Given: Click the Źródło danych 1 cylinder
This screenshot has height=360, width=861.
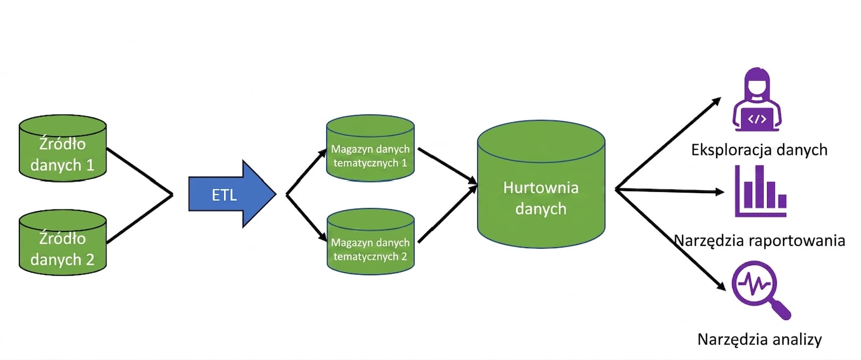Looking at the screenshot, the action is click(x=62, y=148).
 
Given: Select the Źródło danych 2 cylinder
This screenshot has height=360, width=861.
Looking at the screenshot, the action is click(x=62, y=243).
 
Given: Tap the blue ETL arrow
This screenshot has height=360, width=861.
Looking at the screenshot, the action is click(x=232, y=194).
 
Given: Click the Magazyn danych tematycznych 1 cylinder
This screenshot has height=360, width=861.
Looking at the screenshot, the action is click(x=370, y=148).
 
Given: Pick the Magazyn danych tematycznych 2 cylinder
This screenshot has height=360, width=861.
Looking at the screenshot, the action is click(x=371, y=242).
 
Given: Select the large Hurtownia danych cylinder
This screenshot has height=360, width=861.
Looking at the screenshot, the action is click(x=541, y=185).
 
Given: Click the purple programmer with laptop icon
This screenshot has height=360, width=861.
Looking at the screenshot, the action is click(x=757, y=100).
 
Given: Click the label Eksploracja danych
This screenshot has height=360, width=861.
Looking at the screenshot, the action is click(x=759, y=150).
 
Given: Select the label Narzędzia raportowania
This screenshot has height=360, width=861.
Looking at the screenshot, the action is click(x=759, y=241).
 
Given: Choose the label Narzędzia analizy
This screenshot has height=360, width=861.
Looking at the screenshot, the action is click(x=759, y=340).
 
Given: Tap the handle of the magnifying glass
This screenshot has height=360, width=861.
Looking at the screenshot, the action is click(x=781, y=310).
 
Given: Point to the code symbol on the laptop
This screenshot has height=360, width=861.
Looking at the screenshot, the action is click(x=757, y=119).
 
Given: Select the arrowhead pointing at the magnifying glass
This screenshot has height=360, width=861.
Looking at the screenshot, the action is click(x=721, y=286).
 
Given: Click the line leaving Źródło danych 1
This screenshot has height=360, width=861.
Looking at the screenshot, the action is click(x=139, y=171).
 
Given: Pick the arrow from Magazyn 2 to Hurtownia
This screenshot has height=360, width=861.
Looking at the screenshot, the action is click(x=447, y=214).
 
